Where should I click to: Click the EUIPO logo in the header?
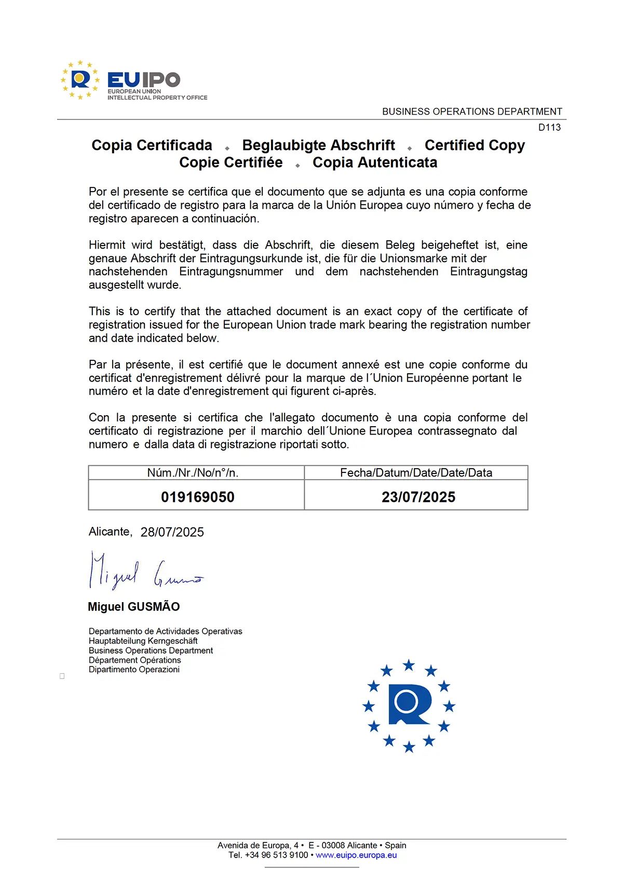134,80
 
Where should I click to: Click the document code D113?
549,127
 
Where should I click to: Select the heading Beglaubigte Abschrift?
318,145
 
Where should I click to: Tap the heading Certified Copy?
475,145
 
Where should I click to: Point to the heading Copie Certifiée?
231,162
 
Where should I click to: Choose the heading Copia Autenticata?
375,162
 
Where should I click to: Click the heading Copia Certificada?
152,145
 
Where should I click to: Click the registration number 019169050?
197,497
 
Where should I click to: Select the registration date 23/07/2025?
418,497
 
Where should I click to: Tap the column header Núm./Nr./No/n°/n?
193,472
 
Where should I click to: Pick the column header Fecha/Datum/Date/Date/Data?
416,472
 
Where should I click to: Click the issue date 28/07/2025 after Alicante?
172,532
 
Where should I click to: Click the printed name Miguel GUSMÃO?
134,606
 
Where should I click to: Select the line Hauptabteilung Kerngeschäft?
143,641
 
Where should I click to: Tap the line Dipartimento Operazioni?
134,670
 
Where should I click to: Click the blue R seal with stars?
409,705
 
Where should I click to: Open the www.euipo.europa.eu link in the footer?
356,855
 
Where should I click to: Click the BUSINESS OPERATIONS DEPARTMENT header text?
472,112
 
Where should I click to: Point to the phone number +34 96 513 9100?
277,855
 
